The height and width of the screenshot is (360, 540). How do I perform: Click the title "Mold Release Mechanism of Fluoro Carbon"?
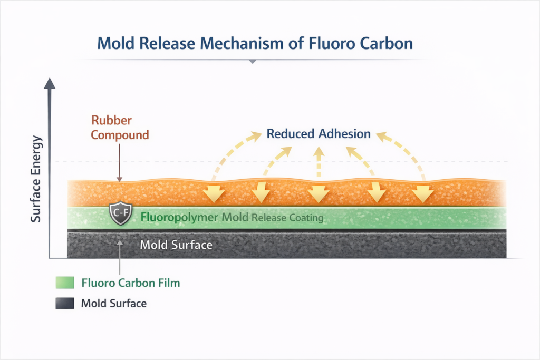click(x=255, y=43)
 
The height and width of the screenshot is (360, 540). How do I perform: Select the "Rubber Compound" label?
click(x=120, y=127)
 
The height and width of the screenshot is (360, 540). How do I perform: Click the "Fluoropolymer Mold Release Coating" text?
click(x=232, y=217)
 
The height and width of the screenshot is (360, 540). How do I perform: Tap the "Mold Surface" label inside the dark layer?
click(x=176, y=245)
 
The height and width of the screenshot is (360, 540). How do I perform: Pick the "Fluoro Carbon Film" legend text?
click(x=131, y=283)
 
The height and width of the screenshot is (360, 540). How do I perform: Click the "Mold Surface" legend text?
click(x=113, y=304)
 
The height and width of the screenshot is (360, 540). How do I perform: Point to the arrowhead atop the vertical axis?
click(x=50, y=83)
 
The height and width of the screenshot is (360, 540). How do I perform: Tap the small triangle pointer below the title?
click(x=253, y=62)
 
